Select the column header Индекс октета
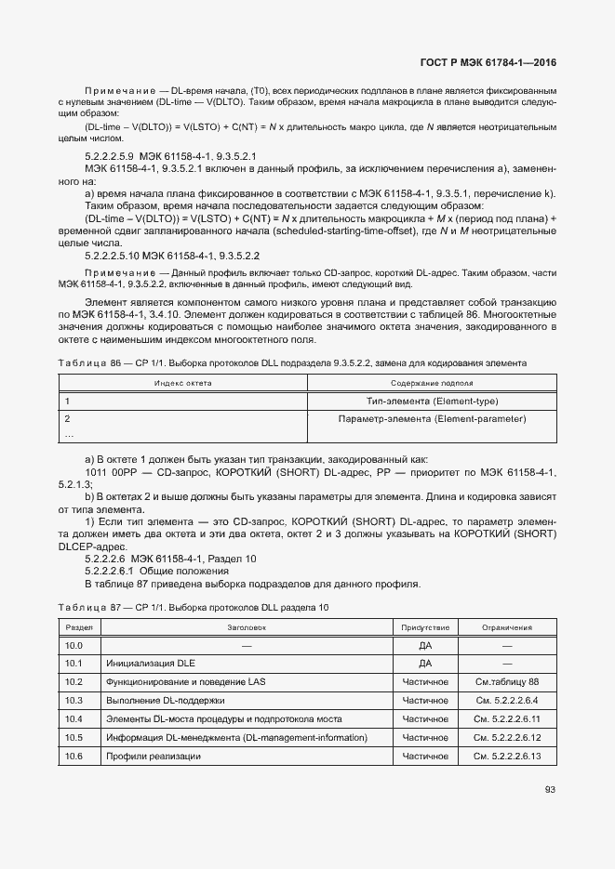(183, 383)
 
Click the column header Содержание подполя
(432, 383)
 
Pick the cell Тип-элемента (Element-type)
(433, 401)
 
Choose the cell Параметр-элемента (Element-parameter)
(433, 419)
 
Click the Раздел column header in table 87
(78, 627)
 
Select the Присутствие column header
(425, 627)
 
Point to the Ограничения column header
(507, 627)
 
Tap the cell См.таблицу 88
(507, 682)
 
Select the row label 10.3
(74, 701)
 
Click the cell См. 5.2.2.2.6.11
(507, 719)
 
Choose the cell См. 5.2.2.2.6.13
(507, 757)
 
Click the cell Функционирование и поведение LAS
(185, 682)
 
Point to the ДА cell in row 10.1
(425, 664)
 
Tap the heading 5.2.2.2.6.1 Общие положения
(149, 571)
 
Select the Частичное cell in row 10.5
(425, 738)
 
